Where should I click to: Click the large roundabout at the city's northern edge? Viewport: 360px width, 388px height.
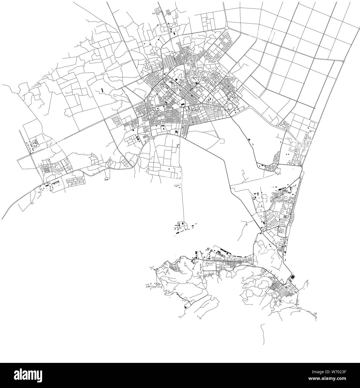point(226,28)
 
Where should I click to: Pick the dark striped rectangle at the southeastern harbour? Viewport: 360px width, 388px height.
point(293,277)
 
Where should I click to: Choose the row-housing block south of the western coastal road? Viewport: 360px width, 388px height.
point(75,181)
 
